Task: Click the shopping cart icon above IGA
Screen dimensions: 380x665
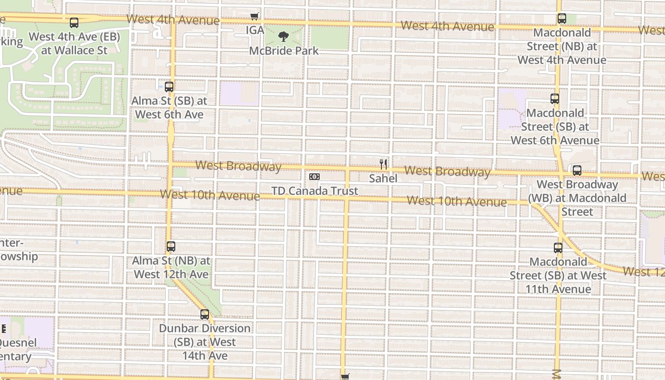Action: [x=255, y=17]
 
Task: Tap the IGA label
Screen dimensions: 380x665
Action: [x=255, y=30]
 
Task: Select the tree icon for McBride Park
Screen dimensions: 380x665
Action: [x=284, y=37]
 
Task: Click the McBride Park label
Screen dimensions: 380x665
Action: [x=284, y=50]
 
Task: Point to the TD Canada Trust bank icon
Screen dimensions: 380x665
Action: [x=314, y=177]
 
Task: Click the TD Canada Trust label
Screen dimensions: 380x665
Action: [x=314, y=191]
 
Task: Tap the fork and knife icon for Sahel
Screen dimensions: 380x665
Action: [x=383, y=164]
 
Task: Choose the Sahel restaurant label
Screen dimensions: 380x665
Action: [x=383, y=179]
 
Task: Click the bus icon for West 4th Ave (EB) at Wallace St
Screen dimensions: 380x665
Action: [x=74, y=22]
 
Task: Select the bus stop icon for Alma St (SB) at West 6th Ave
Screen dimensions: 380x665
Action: [x=169, y=87]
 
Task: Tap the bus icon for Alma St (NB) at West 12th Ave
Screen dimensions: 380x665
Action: [x=171, y=247]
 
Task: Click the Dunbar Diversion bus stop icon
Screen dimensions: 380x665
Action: [x=205, y=314]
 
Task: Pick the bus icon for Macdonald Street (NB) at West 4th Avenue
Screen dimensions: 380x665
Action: [x=562, y=19]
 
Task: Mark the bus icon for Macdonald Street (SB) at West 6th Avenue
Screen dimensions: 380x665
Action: [x=555, y=99]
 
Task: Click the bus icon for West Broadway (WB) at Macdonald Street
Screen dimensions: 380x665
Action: [x=577, y=170]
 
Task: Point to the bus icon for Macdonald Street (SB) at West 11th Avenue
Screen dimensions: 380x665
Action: [x=558, y=247]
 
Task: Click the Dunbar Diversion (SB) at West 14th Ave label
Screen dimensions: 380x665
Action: [x=205, y=342]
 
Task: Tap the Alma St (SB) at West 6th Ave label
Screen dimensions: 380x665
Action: [x=169, y=108]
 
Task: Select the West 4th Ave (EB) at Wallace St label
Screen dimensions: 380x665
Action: [x=74, y=43]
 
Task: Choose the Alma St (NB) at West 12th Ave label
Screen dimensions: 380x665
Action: [x=171, y=267]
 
